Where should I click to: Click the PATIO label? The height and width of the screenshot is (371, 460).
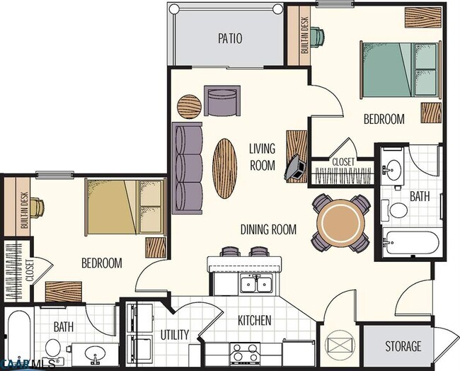tap(230, 38)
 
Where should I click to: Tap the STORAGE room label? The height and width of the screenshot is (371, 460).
tap(403, 346)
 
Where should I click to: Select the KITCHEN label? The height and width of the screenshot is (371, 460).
tap(254, 320)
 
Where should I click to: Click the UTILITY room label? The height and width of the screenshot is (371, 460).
tap(174, 334)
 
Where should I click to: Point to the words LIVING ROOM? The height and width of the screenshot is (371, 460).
tap(262, 156)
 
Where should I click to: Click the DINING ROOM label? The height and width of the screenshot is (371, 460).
tap(268, 229)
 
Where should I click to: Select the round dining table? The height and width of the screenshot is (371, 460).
tap(340, 223)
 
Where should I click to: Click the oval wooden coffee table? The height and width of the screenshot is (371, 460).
tap(224, 168)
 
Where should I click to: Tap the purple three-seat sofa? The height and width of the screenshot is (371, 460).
tap(188, 167)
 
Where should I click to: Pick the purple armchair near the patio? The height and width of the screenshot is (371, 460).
tap(222, 101)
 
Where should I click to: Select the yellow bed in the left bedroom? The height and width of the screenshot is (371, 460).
tap(125, 207)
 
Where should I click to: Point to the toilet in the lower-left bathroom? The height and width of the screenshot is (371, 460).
tap(52, 348)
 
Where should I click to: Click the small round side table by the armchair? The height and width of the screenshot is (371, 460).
tap(189, 106)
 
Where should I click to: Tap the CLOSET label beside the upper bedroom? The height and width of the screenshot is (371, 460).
tap(343, 162)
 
